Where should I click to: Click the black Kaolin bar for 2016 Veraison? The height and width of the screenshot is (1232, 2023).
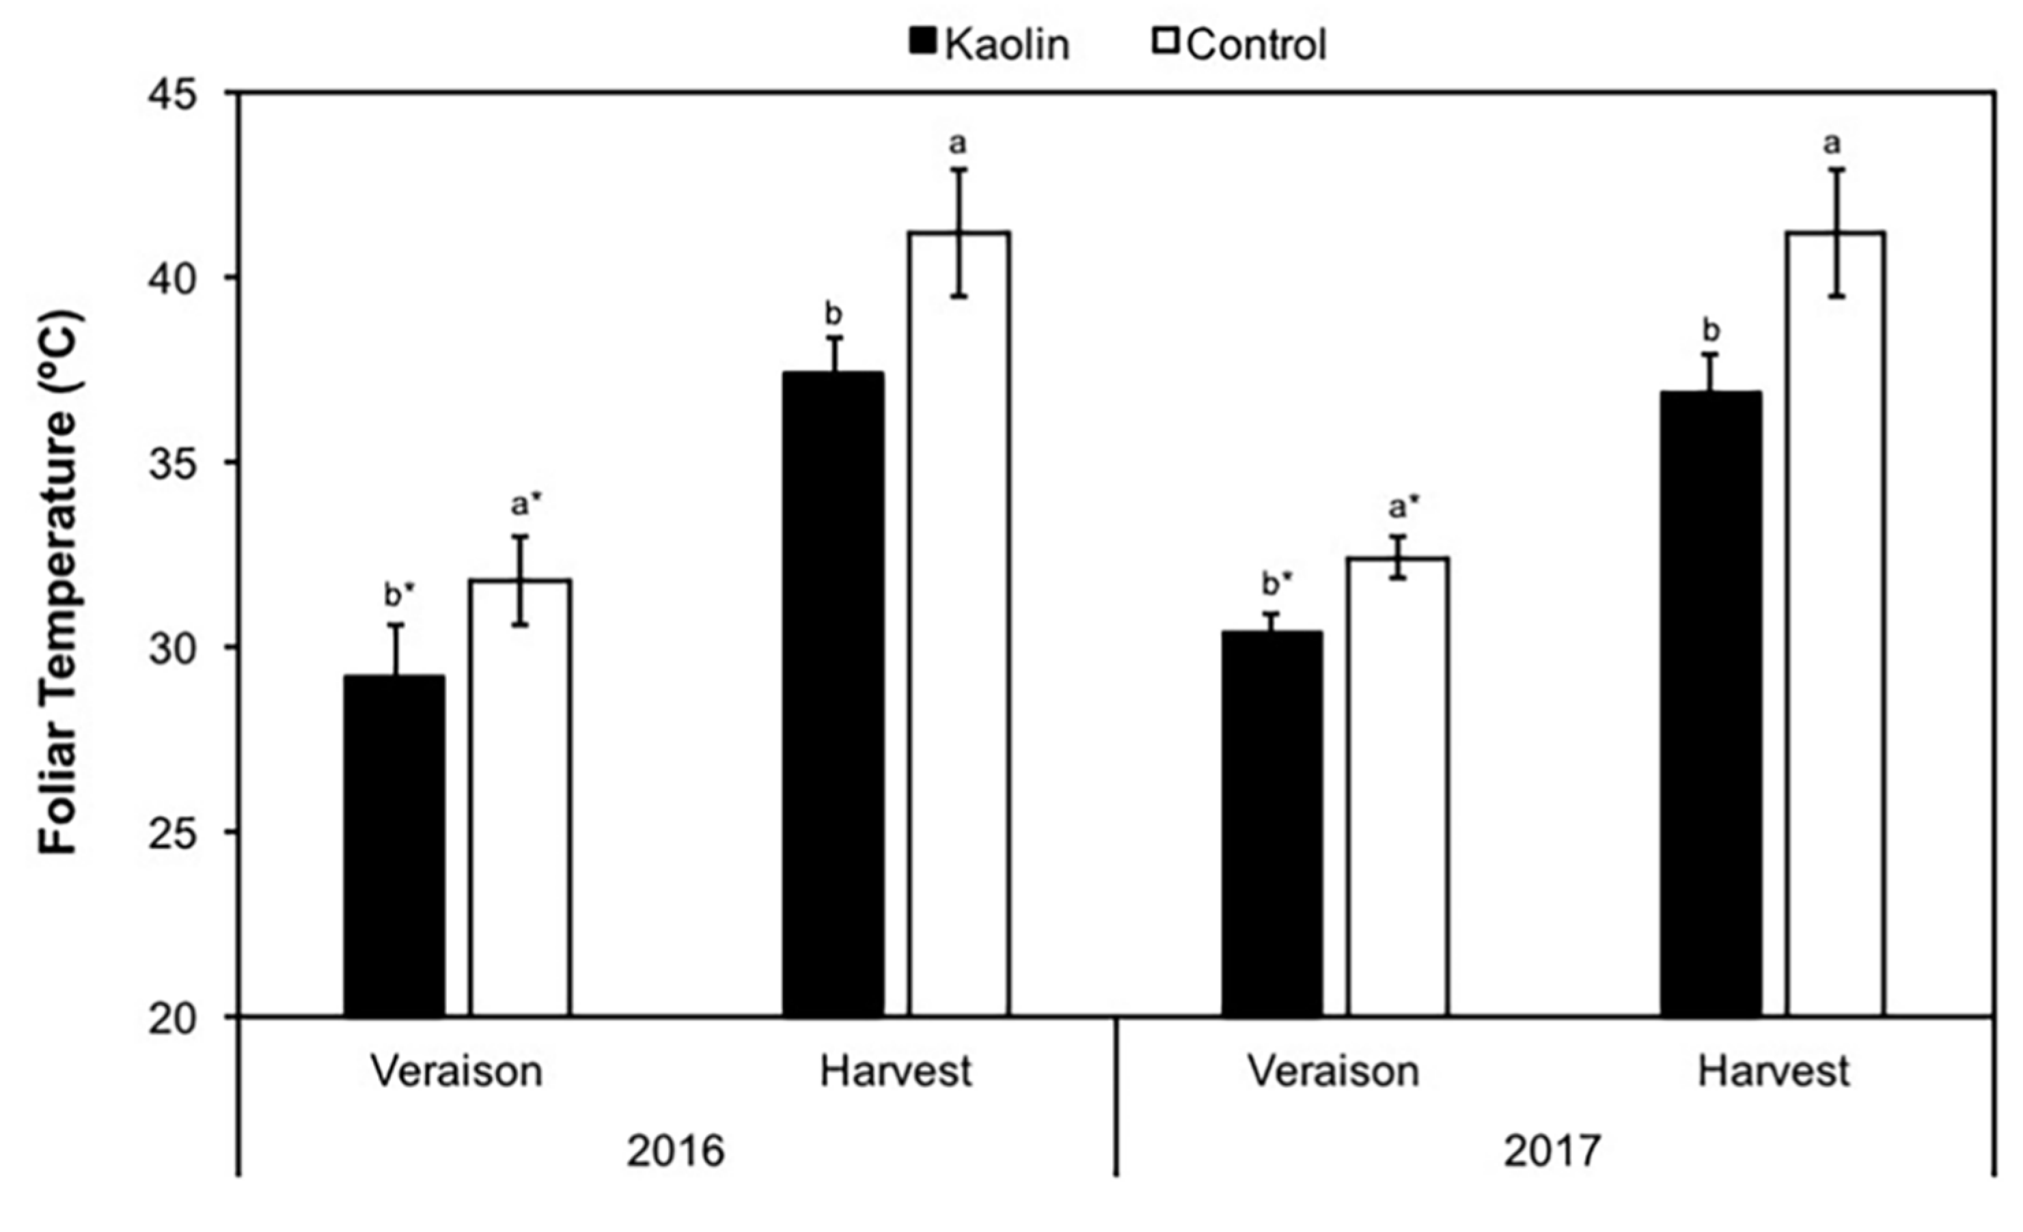394,845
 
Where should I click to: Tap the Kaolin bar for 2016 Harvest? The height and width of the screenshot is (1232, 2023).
834,694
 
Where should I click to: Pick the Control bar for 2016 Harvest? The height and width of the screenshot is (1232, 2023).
959,624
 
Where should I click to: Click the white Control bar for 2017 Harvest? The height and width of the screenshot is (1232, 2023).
1836,624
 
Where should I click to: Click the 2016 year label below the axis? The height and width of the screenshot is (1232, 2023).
675,1151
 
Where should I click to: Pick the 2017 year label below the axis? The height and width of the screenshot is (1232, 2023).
1552,1151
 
